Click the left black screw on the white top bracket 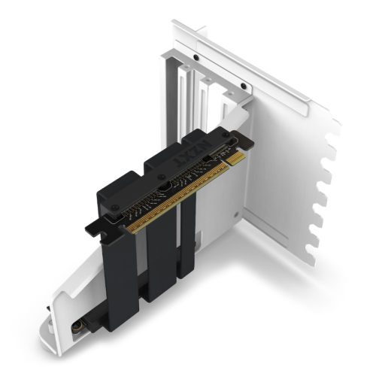click(x=196, y=58)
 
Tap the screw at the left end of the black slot click(x=111, y=217)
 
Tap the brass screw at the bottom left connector click(x=78, y=327)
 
